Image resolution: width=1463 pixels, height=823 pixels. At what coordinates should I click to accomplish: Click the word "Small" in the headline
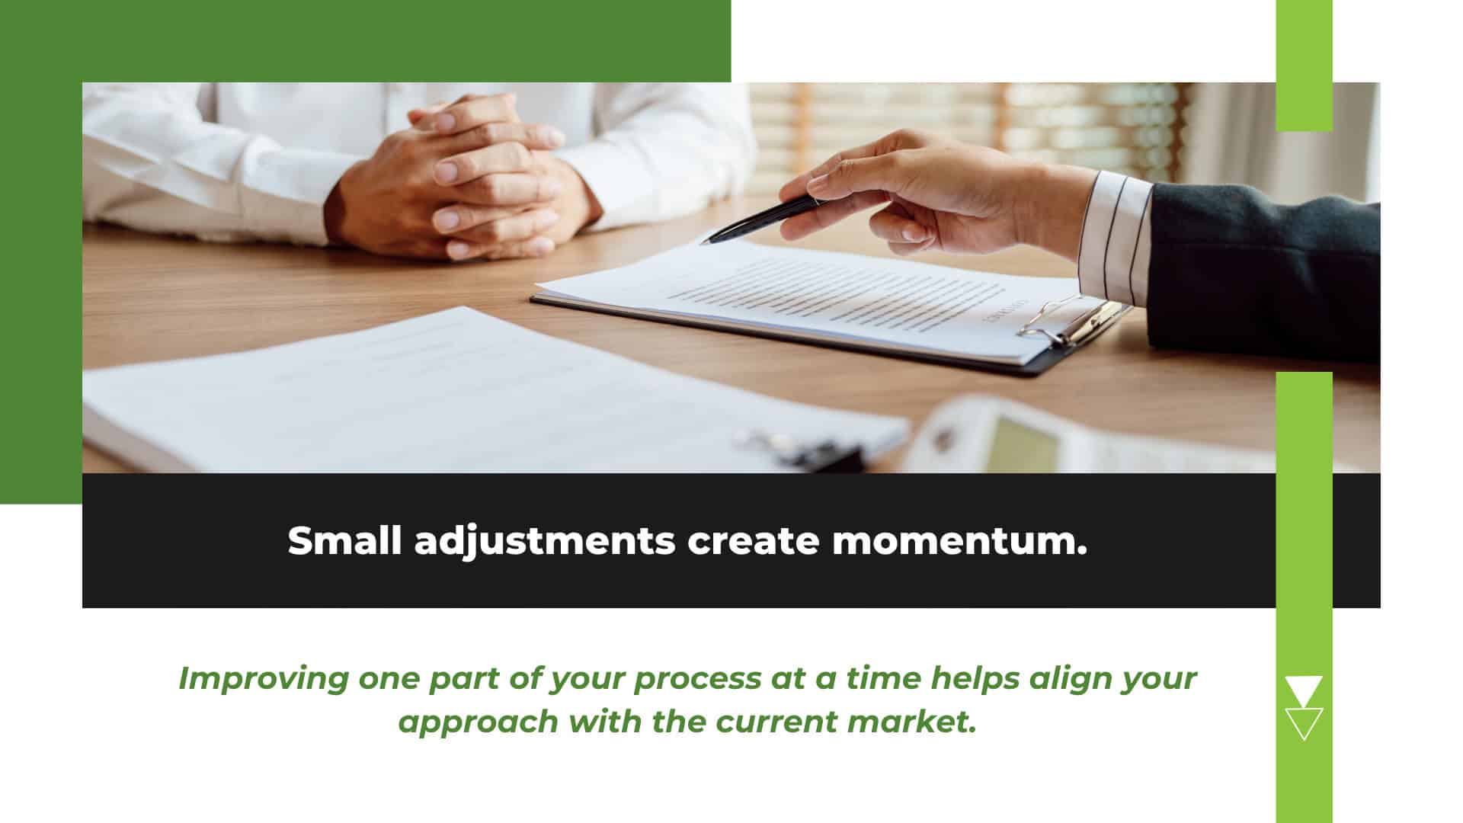click(344, 541)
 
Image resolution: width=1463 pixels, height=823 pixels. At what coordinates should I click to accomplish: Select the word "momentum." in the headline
click(959, 542)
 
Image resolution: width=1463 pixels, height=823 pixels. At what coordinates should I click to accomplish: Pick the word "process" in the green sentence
click(696, 679)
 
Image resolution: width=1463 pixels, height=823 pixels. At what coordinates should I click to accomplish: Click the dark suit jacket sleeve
click(1265, 274)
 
